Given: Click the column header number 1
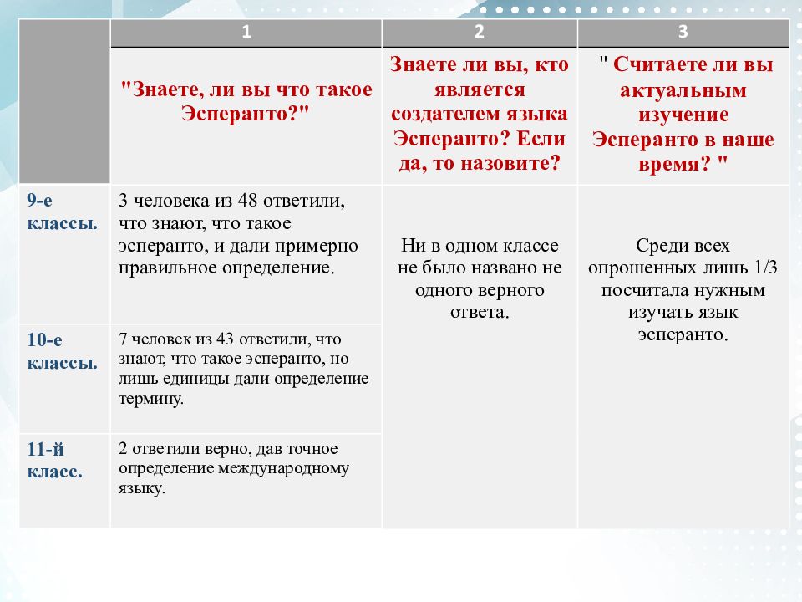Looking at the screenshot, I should (x=246, y=33).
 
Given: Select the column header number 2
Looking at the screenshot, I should (x=479, y=33).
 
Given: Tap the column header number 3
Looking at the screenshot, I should (x=683, y=33).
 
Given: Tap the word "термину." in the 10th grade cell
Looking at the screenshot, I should (x=151, y=399).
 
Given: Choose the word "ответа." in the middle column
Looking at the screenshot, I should (x=479, y=312).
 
